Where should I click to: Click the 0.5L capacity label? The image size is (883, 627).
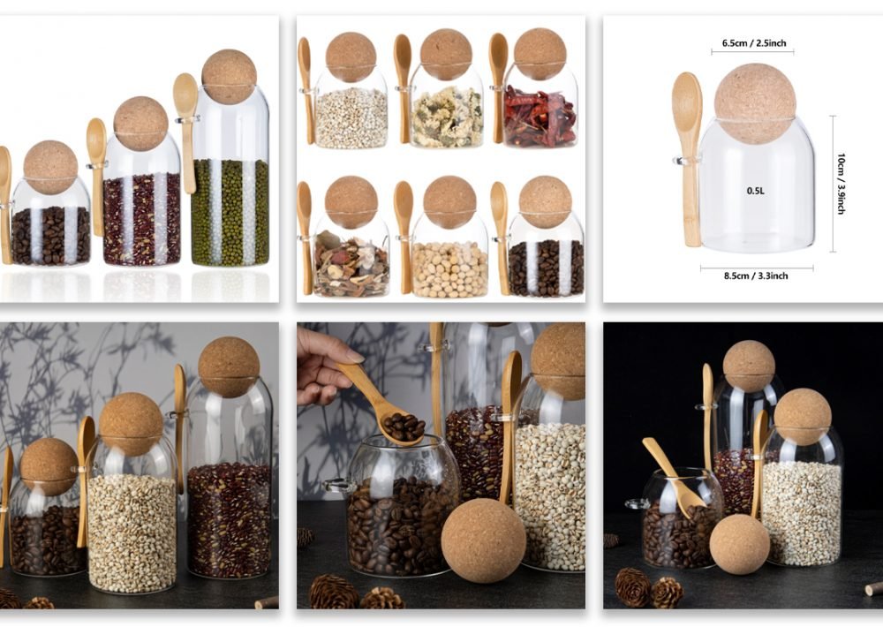point(755,191)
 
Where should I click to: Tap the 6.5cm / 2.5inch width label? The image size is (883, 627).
point(754,43)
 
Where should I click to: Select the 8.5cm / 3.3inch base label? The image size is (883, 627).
point(756,276)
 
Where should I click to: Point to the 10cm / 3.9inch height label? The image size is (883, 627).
point(841,184)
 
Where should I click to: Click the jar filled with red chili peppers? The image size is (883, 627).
point(540,107)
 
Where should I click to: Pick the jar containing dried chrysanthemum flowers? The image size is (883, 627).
point(447,107)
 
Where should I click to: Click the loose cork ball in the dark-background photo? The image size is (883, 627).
point(739,544)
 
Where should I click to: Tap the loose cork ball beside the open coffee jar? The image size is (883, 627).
point(483,540)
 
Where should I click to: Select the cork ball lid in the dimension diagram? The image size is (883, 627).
point(755,103)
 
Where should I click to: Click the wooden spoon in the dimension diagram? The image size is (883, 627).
point(688,158)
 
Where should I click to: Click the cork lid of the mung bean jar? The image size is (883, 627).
point(230,77)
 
